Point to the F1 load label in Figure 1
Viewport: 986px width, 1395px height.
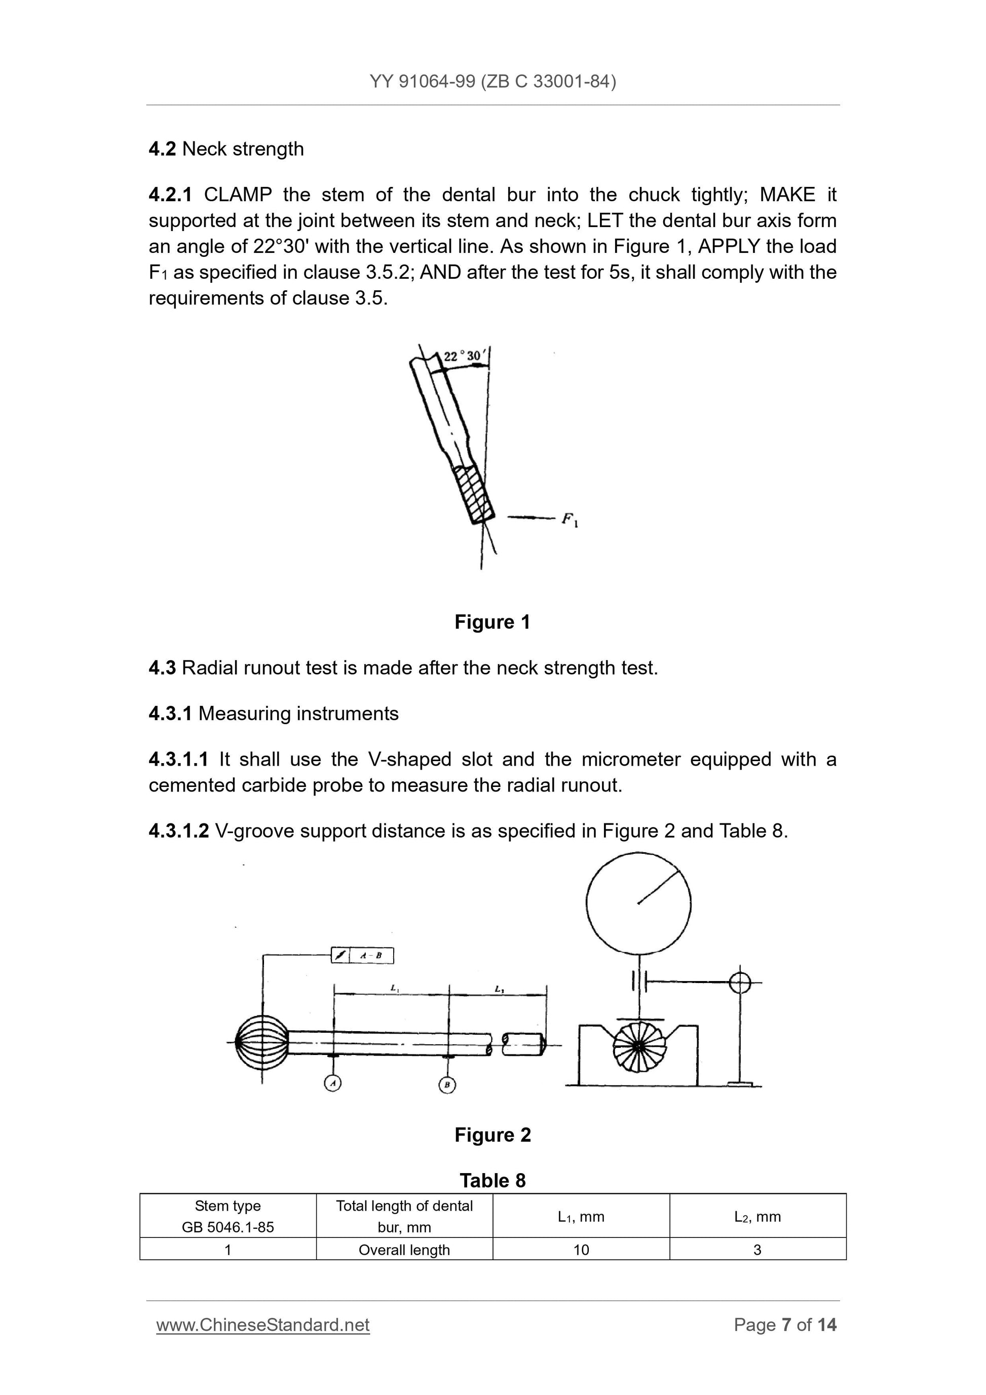(569, 519)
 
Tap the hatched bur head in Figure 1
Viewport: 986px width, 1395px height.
(474, 494)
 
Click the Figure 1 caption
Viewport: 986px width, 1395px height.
(492, 622)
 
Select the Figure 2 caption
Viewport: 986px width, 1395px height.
(492, 1135)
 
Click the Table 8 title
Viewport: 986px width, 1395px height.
(492, 1180)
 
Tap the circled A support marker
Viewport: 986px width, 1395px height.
(332, 1083)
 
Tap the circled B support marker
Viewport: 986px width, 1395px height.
(447, 1084)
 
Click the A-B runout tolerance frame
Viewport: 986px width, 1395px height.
(362, 955)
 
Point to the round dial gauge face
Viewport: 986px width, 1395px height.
(638, 903)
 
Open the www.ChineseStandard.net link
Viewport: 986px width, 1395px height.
(262, 1325)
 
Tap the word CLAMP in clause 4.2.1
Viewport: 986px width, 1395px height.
(238, 195)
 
